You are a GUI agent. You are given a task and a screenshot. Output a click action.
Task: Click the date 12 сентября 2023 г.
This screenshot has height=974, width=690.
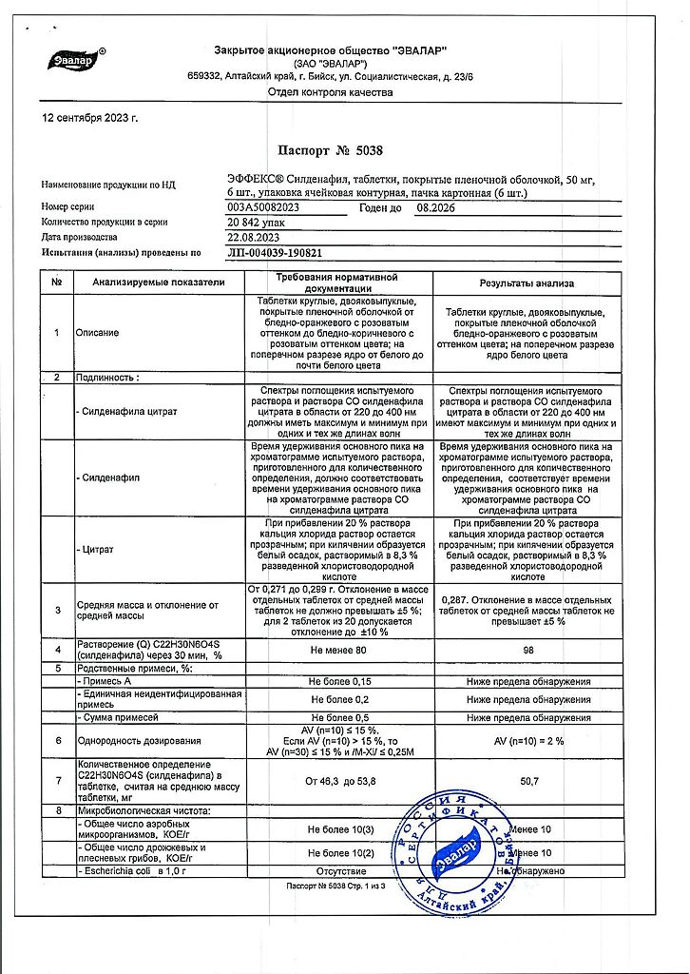coord(91,118)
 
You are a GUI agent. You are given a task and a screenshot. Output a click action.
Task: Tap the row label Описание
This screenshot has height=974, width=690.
coord(99,333)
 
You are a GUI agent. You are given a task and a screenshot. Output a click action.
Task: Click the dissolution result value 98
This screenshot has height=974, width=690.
coord(526,651)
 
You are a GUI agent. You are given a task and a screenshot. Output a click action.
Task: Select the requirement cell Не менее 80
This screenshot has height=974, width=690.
coord(338,651)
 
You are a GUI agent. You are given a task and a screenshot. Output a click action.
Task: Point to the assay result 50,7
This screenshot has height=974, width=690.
coord(526,781)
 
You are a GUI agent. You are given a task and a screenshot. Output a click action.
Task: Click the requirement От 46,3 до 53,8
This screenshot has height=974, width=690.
coord(338,781)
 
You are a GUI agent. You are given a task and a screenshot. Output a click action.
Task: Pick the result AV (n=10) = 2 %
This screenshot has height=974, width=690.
coord(526,739)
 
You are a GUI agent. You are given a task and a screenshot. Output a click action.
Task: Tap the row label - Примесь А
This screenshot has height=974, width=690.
coord(108,682)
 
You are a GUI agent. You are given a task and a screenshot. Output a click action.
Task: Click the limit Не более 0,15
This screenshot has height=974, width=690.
coord(338,682)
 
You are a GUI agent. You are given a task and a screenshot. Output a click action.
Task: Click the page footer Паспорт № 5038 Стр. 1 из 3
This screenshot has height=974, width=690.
coord(344,886)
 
